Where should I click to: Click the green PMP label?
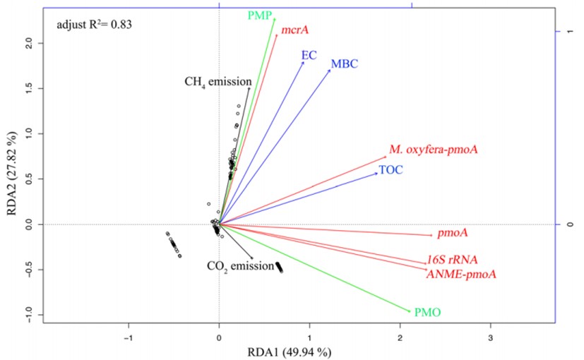(x=259, y=16)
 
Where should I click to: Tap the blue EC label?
(x=309, y=55)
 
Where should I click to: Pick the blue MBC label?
(x=344, y=65)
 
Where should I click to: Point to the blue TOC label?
(x=391, y=170)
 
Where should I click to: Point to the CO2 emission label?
(x=239, y=266)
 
